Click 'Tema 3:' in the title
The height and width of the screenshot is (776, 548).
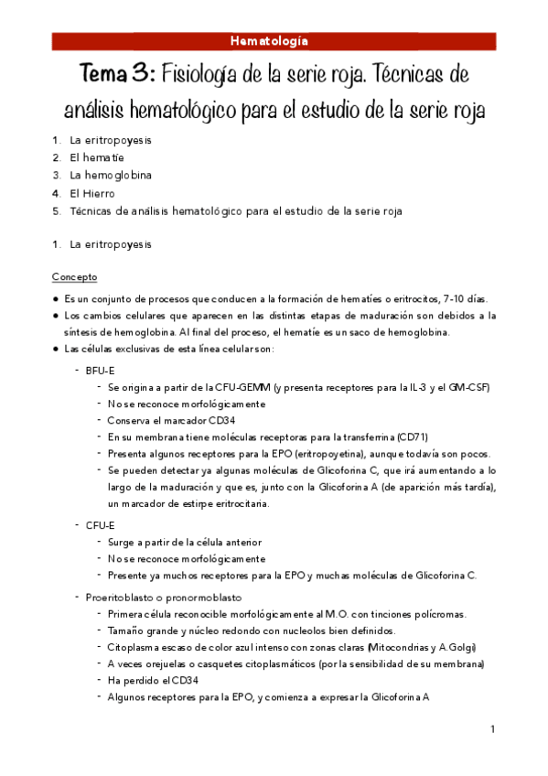point(114,73)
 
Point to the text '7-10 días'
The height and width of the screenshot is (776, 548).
point(467,299)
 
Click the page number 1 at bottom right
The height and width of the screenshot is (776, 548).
point(492,729)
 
